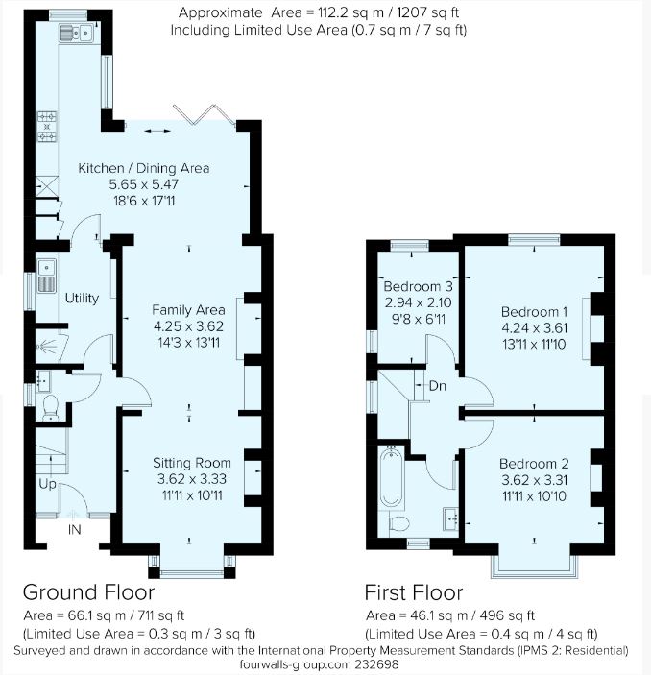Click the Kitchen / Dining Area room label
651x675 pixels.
click(x=144, y=168)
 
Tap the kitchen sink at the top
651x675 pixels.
click(x=77, y=33)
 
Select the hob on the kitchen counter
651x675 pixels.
click(x=47, y=127)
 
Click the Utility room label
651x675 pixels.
click(x=82, y=298)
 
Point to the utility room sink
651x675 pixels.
click(x=46, y=276)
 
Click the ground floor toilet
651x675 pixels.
click(x=51, y=407)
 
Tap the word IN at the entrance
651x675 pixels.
click(x=75, y=529)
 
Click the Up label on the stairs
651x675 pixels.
click(x=47, y=484)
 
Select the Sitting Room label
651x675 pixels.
click(x=192, y=463)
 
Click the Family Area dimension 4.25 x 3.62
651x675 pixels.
click(x=188, y=326)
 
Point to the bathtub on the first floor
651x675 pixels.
click(x=392, y=476)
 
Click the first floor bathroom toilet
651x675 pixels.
click(x=398, y=523)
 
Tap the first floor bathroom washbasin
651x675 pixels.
click(x=450, y=518)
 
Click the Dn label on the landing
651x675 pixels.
click(x=438, y=386)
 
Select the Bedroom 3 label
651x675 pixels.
click(x=418, y=286)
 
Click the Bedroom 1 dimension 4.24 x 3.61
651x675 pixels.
click(x=534, y=328)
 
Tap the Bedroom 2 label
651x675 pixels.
click(x=534, y=464)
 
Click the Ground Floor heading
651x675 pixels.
click(x=88, y=592)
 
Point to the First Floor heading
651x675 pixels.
click(x=414, y=592)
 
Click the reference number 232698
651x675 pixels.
click(x=377, y=664)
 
